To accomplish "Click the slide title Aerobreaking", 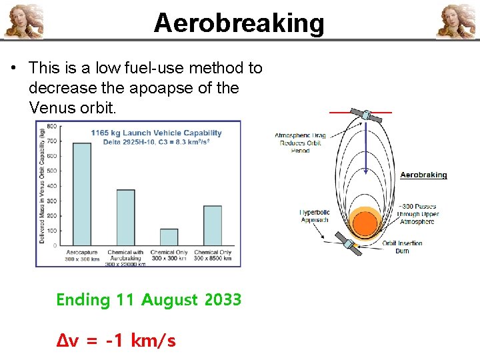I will tap(239, 23).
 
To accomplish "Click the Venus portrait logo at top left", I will tap(23, 21).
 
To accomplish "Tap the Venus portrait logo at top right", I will tap(457, 21).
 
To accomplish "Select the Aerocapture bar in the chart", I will tap(81, 194).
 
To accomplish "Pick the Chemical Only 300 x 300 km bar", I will tap(169, 237).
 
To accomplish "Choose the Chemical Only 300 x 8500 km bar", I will tap(213, 225).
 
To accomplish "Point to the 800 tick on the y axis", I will tap(51, 126).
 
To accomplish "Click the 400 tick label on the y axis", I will tap(51, 186).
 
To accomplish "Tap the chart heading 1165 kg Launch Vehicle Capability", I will tap(156, 133).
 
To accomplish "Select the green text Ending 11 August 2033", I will tap(149, 300).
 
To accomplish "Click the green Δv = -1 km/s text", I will tap(116, 341).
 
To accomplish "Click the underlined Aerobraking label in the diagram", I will tap(423, 175).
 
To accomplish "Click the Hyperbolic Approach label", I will tap(314, 216).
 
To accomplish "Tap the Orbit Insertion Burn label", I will tap(402, 247).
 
